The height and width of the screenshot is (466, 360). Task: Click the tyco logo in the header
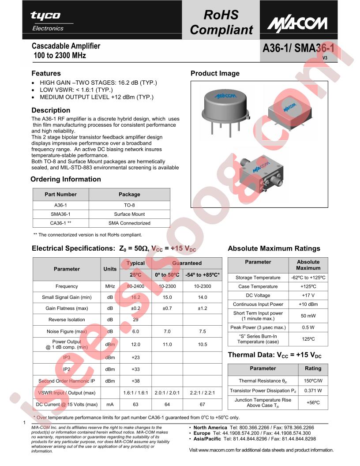tap(45, 16)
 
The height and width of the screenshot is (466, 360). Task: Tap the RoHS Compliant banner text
tap(221, 23)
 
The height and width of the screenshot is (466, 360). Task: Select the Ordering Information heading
tap(66, 179)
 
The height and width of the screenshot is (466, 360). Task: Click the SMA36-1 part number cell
tap(61, 214)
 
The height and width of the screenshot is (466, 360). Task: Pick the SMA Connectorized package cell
tap(129, 223)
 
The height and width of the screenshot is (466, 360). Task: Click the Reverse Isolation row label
tap(67, 319)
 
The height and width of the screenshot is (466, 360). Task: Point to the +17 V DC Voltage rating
tap(308, 295)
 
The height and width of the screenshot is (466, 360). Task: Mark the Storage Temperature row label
tap(258, 278)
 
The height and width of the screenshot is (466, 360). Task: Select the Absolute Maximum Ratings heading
tap(274, 248)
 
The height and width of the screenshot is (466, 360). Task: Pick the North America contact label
tap(210, 428)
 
